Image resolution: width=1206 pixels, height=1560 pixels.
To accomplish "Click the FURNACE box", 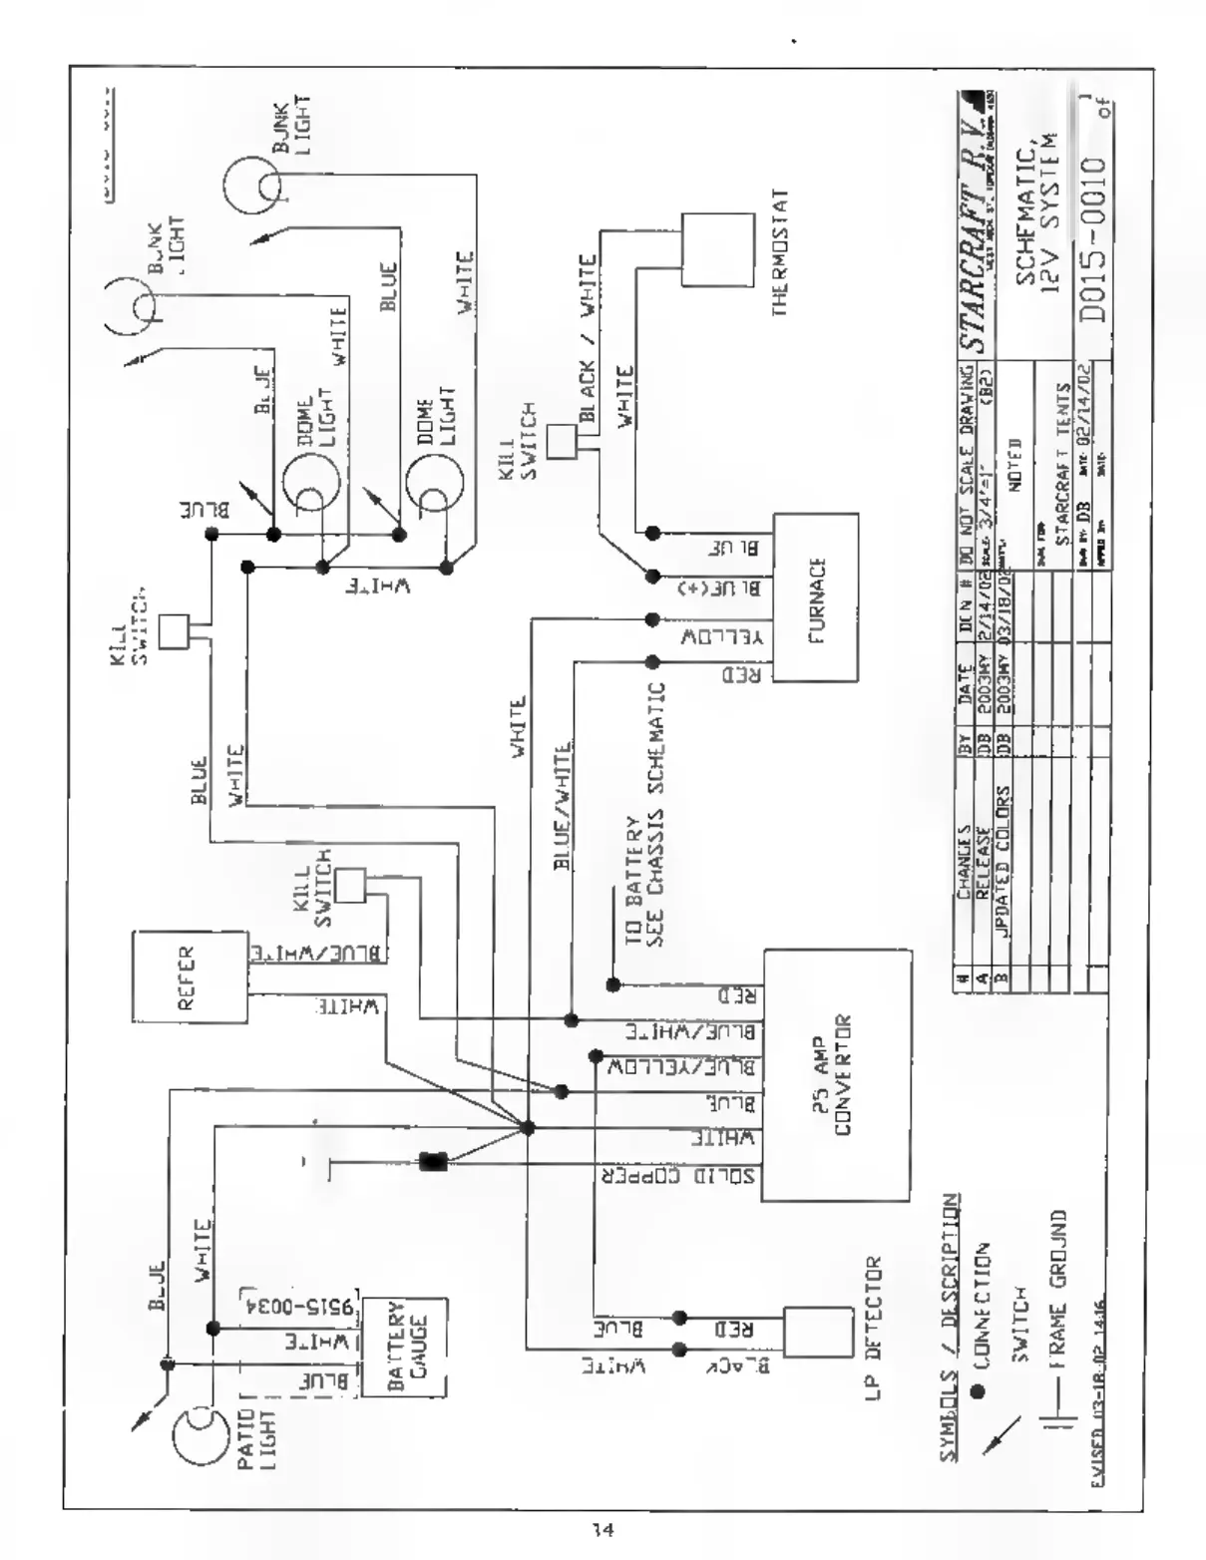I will pos(816,597).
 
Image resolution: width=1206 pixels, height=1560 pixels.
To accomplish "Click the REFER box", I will pos(190,976).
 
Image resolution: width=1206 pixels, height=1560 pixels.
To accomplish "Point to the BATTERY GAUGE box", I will pos(404,1348).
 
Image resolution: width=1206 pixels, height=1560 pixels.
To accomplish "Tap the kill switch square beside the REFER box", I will pos(349,885).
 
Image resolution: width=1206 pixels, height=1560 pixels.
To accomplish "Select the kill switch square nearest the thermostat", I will pos(563,442).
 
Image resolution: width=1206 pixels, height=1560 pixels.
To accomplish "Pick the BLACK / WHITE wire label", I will pos(586,325).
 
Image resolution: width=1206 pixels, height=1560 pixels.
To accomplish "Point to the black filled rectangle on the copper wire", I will pos(434,1161).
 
